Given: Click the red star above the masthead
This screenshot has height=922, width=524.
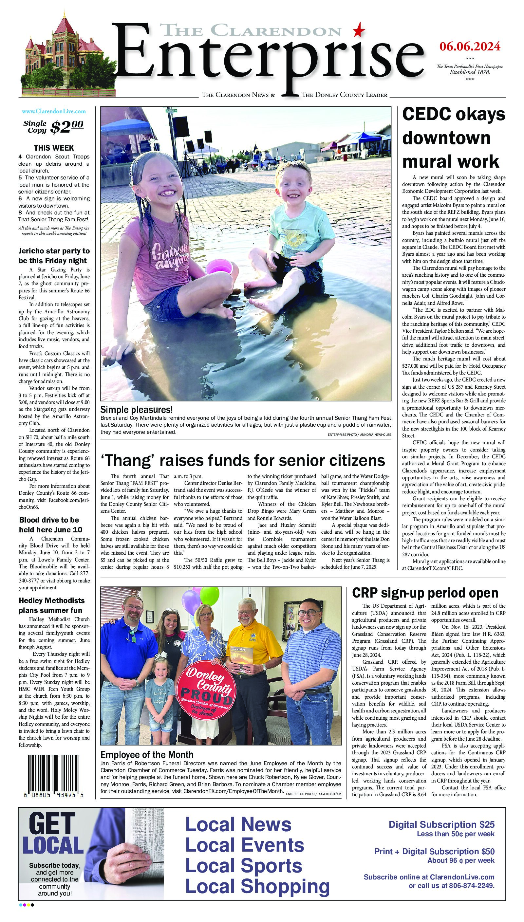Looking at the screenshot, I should point(359,30).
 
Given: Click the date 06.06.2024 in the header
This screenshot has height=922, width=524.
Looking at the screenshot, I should point(470,46).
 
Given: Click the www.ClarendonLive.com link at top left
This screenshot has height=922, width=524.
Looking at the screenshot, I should point(54,112).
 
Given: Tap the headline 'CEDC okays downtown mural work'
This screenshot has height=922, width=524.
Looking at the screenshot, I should point(454,138).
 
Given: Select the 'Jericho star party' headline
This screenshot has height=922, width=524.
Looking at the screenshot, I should point(54,256).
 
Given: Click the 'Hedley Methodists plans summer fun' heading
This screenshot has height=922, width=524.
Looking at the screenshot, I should point(51,605).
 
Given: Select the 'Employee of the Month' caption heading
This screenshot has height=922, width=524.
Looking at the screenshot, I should point(147,755).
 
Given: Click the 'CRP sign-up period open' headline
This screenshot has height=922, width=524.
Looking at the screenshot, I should point(425,593).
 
